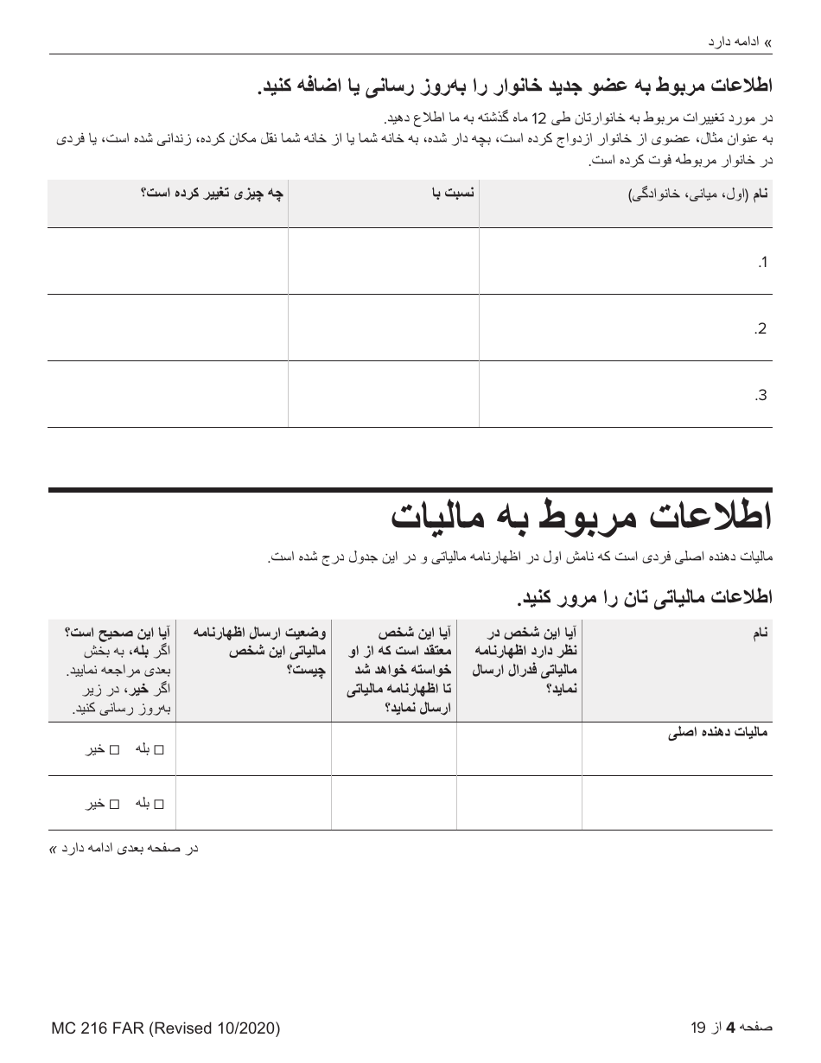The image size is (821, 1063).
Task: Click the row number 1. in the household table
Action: [x=761, y=263]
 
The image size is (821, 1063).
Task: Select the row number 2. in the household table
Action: [x=761, y=329]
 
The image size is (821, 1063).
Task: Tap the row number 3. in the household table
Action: [x=761, y=396]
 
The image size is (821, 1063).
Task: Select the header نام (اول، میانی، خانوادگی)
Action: [x=697, y=195]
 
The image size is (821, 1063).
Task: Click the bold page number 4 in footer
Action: [x=730, y=1028]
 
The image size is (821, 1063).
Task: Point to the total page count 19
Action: [x=698, y=1028]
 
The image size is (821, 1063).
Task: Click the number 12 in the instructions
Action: [x=539, y=117]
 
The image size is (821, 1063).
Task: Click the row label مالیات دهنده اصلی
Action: [x=717, y=735]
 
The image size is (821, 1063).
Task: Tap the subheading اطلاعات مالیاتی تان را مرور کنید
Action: [x=644, y=597]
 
